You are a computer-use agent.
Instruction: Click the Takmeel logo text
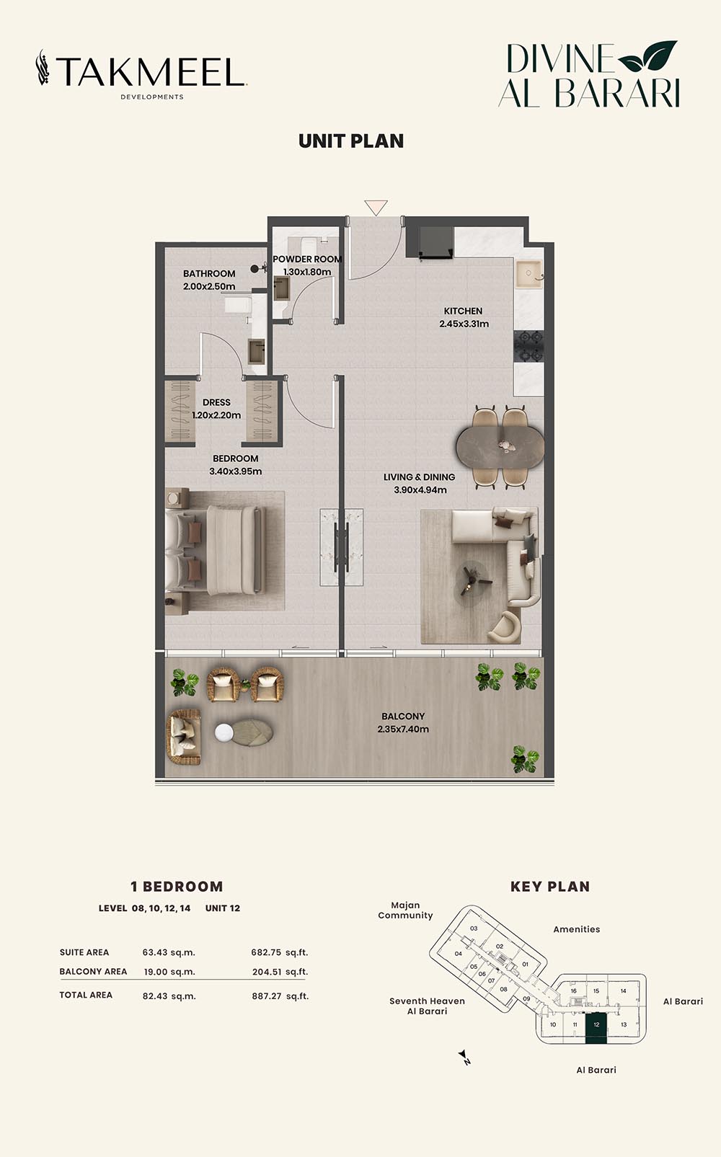150,71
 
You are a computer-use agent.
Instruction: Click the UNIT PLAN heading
351,141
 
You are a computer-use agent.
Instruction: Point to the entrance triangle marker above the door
376,208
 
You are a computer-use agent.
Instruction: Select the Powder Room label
307,259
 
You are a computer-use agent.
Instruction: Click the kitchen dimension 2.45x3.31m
464,324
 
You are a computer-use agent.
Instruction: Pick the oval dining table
500,448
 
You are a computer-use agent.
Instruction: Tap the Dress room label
216,402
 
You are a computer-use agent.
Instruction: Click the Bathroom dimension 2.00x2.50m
209,286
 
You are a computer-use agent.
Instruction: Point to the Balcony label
403,717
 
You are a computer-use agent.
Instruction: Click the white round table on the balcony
224,732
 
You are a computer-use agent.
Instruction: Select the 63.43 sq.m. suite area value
169,952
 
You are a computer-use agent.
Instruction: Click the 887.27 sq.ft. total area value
280,996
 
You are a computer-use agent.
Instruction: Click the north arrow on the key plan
464,1056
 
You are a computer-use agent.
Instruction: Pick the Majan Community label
405,910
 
